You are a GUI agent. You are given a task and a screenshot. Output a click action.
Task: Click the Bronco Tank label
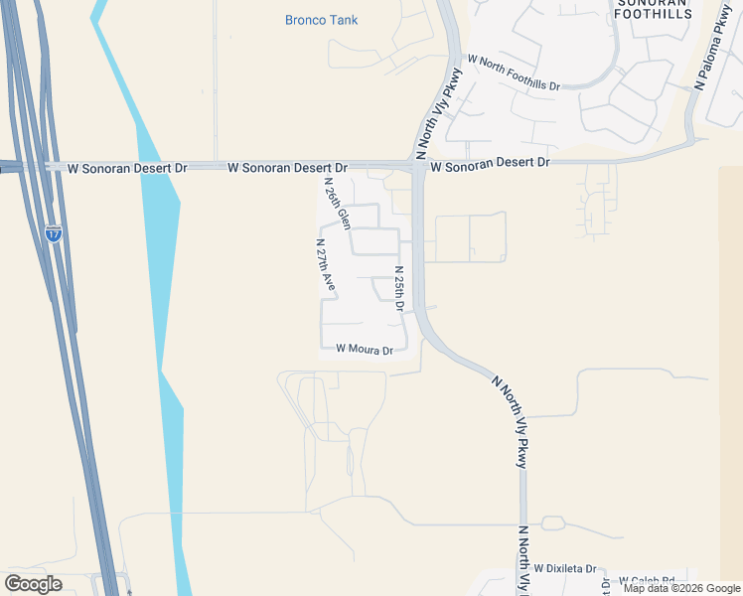point(321,20)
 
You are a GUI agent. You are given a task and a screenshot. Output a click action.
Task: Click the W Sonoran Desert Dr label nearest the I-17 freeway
point(127,169)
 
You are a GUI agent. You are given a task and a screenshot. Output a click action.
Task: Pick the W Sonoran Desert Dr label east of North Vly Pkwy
point(490,162)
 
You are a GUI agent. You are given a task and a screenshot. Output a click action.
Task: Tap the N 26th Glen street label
point(337,204)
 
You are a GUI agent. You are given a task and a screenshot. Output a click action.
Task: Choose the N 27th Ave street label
point(325,264)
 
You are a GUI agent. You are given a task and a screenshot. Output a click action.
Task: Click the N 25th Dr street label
point(399,289)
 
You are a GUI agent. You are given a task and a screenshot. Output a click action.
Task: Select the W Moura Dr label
point(365,349)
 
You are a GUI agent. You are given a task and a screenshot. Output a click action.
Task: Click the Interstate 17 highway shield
point(54,234)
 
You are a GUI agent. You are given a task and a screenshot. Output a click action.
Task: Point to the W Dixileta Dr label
point(564,569)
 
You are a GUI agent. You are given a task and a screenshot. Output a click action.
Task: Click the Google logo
point(33,584)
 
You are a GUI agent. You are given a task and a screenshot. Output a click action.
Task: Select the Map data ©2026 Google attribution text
point(680,588)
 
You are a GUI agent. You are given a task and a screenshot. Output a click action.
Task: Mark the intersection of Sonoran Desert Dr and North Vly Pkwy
point(418,167)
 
